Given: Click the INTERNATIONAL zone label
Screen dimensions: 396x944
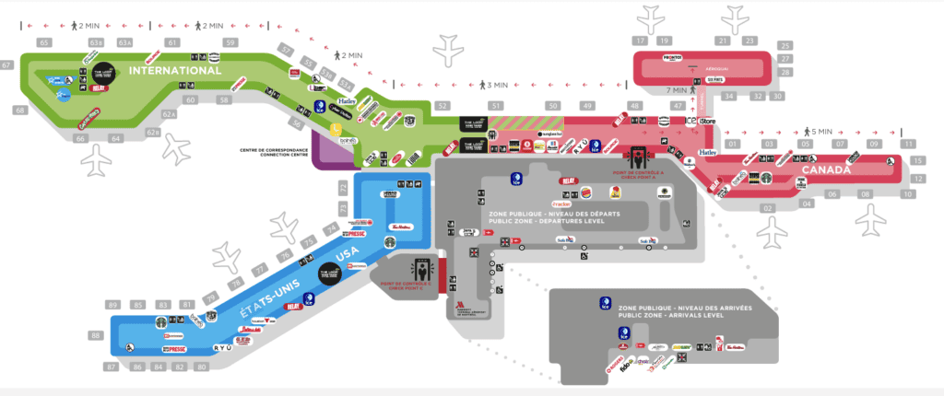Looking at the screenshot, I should pyautogui.click(x=175, y=70).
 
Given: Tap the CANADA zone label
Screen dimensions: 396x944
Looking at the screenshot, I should pyautogui.click(x=827, y=169).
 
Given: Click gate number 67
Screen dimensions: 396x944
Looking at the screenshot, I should pyautogui.click(x=6, y=65).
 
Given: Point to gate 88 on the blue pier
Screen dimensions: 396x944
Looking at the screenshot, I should pyautogui.click(x=96, y=336).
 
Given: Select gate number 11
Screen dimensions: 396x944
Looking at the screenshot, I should pyautogui.click(x=909, y=144).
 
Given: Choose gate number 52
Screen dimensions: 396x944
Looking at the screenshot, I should pyautogui.click(x=442, y=107).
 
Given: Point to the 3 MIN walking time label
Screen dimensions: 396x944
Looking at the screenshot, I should pyautogui.click(x=499, y=85).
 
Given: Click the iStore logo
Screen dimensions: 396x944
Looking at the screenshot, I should pyautogui.click(x=709, y=122).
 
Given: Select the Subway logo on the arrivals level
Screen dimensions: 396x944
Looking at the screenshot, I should pyautogui.click(x=682, y=347).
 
